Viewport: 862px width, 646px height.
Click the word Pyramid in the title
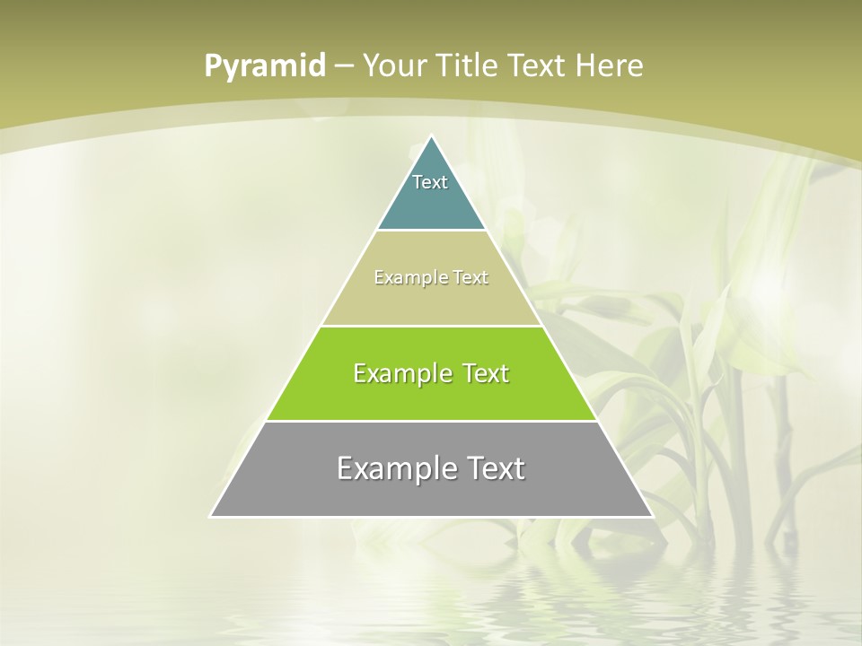click(x=264, y=66)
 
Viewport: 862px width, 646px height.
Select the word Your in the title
click(x=396, y=65)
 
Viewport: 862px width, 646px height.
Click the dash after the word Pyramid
click(x=344, y=66)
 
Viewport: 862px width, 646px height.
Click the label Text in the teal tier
click(x=430, y=182)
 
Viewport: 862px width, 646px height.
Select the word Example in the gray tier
click(x=393, y=468)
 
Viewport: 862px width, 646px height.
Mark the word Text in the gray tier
click(x=493, y=468)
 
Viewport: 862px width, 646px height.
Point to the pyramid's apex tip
click(x=432, y=136)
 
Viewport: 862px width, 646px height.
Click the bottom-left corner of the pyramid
click(x=211, y=516)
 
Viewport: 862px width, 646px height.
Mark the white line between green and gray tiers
click(x=432, y=421)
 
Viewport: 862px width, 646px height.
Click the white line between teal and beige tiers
click(x=432, y=231)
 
